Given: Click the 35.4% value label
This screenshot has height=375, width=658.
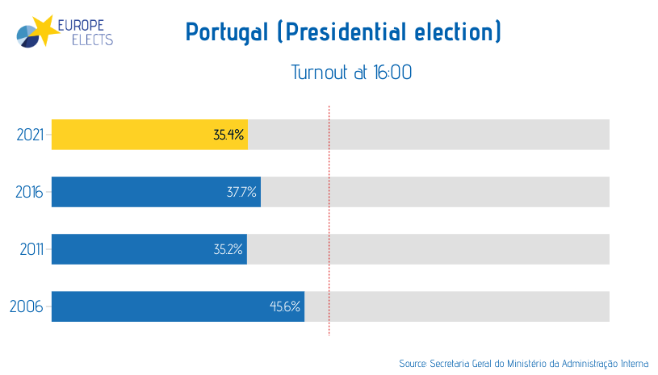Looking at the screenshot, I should (x=228, y=135).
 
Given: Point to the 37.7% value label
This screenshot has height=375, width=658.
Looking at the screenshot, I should (x=241, y=192).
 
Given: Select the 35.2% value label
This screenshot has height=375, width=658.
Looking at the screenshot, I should (x=228, y=249).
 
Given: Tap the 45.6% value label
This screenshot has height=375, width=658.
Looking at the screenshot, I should (x=285, y=306).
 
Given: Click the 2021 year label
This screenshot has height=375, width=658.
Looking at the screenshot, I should (x=30, y=135).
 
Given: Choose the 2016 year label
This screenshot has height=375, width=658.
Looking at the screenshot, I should (x=30, y=192).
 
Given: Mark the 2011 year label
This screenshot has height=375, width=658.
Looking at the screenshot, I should (x=31, y=249).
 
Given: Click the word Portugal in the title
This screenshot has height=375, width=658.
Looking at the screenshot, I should (x=227, y=33).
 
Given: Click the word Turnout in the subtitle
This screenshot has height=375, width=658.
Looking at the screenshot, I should (x=319, y=73).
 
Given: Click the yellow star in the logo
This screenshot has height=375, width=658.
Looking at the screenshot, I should (x=48, y=28).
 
